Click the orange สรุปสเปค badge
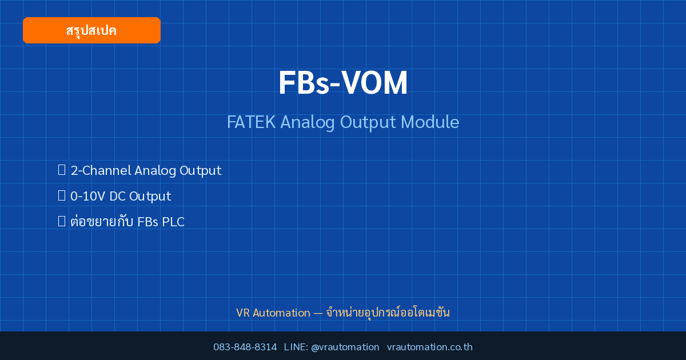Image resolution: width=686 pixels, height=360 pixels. (91, 30)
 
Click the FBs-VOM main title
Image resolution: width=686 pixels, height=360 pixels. (343, 83)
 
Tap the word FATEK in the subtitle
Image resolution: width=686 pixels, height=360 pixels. (251, 122)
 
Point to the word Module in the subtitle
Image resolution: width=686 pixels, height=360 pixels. (430, 122)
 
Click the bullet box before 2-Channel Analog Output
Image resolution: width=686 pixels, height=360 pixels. (62, 170)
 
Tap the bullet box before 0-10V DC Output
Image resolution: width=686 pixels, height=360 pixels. (62, 195)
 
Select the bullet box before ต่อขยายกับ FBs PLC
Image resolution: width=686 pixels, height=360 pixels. (62, 221)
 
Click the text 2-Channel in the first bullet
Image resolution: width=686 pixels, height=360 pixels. (101, 170)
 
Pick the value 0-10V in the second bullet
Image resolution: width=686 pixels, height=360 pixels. (87, 196)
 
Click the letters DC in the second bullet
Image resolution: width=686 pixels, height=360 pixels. (117, 196)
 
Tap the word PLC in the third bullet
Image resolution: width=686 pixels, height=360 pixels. (173, 222)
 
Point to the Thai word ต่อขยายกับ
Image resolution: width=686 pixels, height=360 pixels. (102, 221)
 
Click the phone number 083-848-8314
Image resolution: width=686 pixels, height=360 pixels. (245, 347)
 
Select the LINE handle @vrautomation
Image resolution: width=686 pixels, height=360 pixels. (345, 347)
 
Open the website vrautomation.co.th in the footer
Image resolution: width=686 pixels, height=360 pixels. (430, 347)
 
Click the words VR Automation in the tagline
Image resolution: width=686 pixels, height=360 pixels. (273, 313)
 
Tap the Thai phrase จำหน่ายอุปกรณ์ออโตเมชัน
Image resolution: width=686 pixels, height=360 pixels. (388, 313)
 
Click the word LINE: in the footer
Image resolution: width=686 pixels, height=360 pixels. (296, 347)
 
